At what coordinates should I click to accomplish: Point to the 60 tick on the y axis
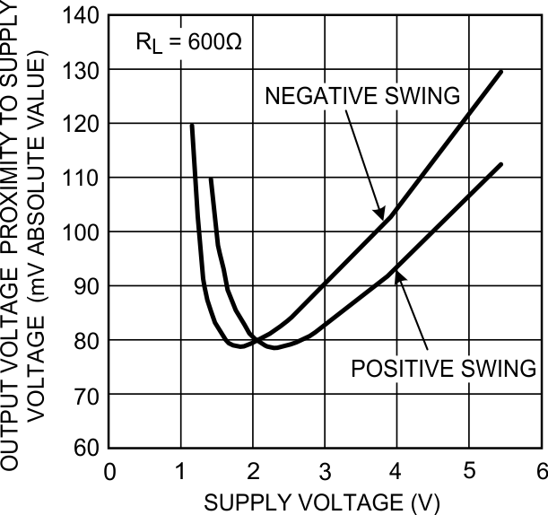(109, 448)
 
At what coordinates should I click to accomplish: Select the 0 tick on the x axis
(109, 448)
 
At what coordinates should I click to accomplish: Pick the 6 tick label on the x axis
(541, 470)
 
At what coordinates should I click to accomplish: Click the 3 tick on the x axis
(325, 448)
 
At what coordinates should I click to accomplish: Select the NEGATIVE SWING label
(363, 95)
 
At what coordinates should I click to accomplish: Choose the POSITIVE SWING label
(443, 368)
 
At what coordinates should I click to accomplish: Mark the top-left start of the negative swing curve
(192, 125)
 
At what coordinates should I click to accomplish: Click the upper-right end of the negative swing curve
(501, 70)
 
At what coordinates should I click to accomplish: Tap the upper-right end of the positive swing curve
(501, 164)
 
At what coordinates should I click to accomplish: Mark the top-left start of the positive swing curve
(211, 179)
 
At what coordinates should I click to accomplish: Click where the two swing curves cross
(256, 340)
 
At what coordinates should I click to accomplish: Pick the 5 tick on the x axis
(469, 448)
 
